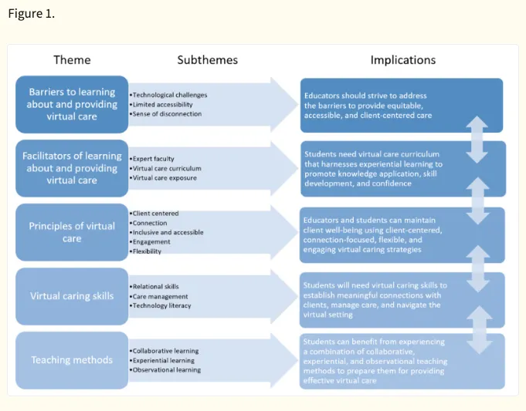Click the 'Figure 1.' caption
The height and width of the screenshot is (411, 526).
click(x=31, y=14)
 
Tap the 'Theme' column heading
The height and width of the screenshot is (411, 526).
click(x=72, y=60)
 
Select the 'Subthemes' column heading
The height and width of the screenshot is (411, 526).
click(x=208, y=60)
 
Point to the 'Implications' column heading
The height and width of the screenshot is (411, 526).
click(x=403, y=60)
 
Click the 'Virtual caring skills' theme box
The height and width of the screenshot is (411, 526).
click(x=72, y=296)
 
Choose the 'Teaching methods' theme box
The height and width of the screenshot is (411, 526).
click(x=72, y=360)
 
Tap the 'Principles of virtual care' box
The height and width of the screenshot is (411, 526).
click(x=72, y=232)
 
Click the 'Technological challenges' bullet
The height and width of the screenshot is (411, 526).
click(x=168, y=95)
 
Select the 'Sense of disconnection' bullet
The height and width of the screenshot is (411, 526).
click(x=166, y=114)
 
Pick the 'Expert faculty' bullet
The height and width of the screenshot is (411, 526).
click(x=152, y=159)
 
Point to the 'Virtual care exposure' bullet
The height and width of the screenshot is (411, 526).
click(x=164, y=178)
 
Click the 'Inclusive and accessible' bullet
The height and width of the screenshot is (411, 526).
click(x=167, y=232)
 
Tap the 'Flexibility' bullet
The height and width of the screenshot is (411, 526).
click(x=145, y=251)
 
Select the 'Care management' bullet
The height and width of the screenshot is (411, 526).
click(x=159, y=296)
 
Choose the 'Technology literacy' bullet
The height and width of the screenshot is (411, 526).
click(x=161, y=305)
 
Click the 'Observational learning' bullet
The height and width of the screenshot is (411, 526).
click(x=165, y=370)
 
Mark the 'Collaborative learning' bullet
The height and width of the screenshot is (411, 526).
click(x=165, y=351)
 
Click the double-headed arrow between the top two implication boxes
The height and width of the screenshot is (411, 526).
click(x=477, y=140)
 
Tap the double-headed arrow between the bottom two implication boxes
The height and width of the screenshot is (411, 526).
click(x=480, y=330)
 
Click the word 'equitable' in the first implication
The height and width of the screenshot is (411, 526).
click(x=406, y=106)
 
